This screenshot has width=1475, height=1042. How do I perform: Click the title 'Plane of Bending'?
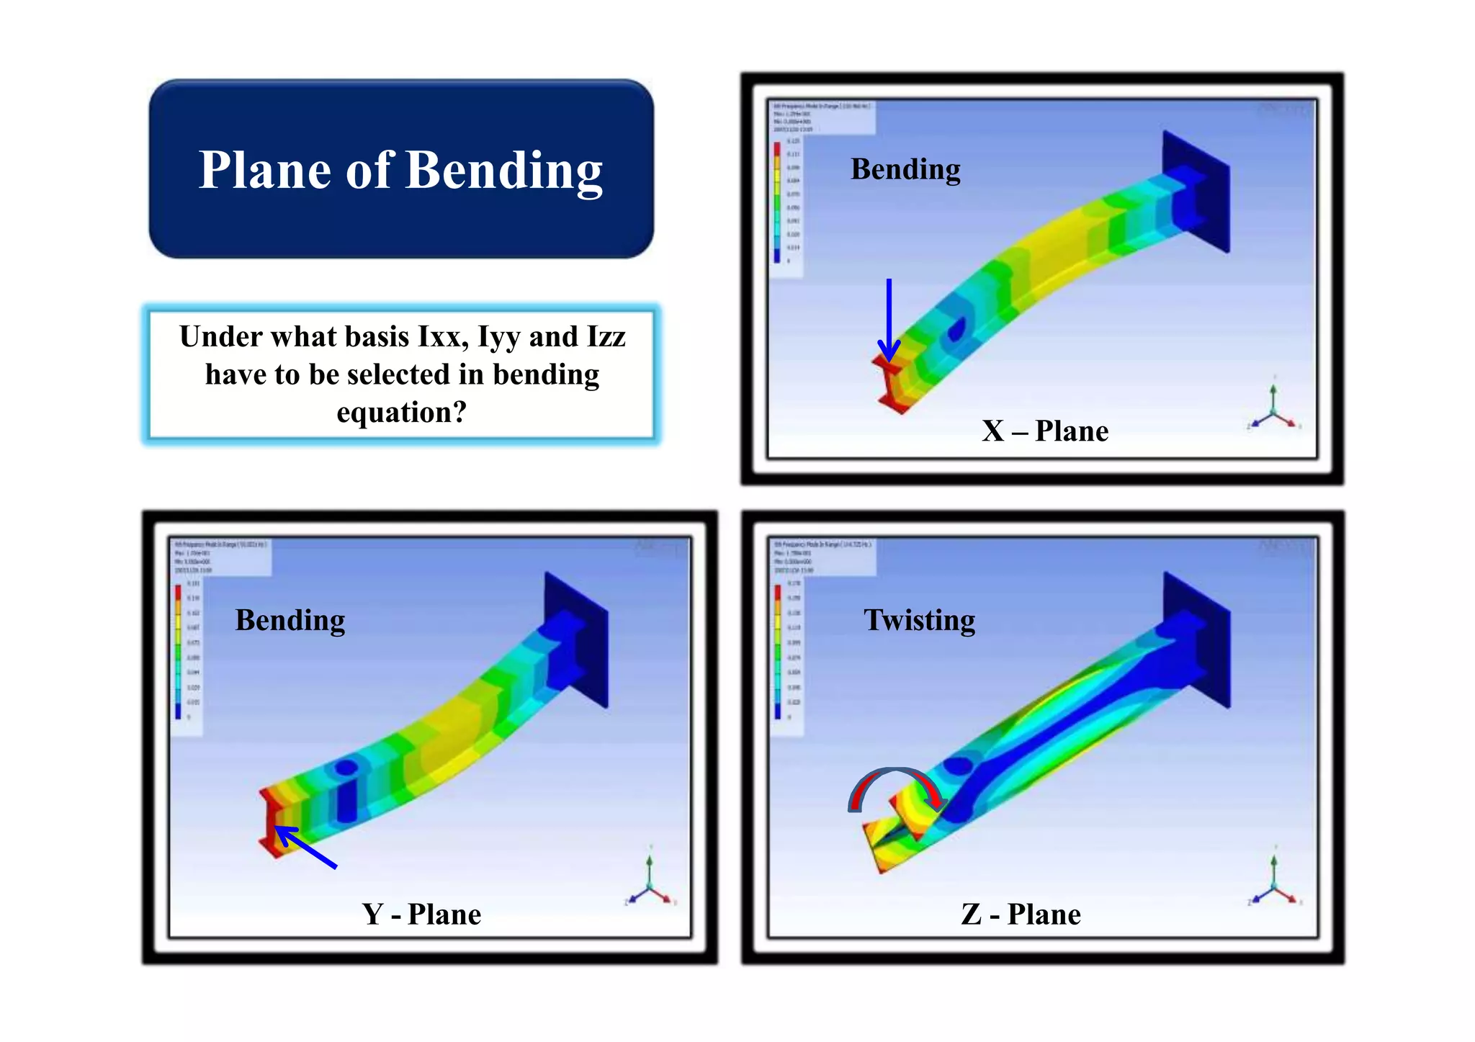click(400, 171)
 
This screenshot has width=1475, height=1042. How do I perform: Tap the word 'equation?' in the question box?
click(402, 413)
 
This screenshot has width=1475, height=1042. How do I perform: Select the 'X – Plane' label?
click(1045, 431)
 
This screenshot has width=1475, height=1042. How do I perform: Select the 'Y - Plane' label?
click(421, 914)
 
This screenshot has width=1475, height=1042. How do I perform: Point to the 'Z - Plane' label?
click(1021, 914)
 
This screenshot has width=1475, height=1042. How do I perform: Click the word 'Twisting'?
click(919, 620)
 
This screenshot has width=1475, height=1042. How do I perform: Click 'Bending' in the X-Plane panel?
click(905, 169)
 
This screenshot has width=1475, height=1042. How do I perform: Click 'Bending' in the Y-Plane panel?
click(290, 620)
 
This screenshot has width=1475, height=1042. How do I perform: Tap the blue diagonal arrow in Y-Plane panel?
click(305, 847)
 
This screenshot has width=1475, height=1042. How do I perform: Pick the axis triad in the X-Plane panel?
click(1273, 410)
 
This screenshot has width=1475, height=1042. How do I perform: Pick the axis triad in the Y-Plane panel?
click(649, 883)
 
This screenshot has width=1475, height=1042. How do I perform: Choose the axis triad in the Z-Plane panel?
click(1273, 883)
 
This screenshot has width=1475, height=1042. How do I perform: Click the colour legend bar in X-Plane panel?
click(777, 202)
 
